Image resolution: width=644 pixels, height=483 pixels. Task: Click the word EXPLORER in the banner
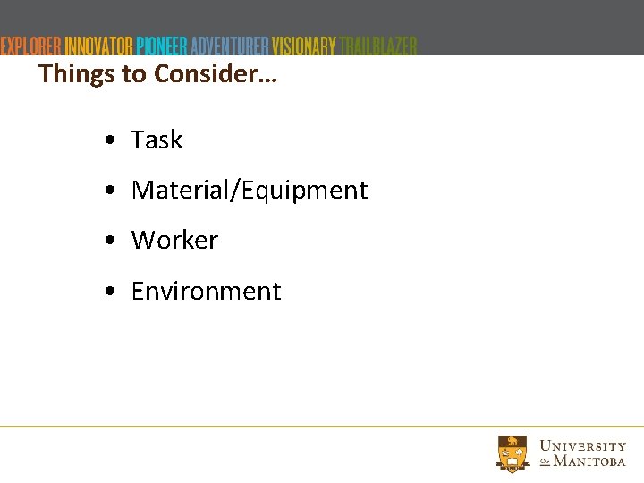[31, 46]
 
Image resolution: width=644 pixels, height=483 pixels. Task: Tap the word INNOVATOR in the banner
[99, 46]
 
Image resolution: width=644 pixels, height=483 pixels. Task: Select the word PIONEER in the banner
[162, 46]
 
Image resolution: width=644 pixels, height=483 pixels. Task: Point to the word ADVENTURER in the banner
[229, 46]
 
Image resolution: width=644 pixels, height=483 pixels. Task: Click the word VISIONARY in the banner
[304, 46]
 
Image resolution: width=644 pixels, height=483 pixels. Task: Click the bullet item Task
[157, 140]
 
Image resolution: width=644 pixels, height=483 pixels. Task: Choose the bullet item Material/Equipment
[250, 191]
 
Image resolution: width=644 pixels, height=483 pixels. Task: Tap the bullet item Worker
[174, 241]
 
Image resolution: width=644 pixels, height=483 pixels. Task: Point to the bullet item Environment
[206, 292]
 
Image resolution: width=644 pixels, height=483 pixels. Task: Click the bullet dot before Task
[107, 141]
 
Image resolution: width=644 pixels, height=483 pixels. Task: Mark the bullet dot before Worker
[107, 241]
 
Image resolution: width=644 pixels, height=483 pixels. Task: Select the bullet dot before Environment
[107, 292]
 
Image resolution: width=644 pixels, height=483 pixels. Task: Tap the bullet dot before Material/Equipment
[107, 191]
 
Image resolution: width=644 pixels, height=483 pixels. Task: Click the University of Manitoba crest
[513, 453]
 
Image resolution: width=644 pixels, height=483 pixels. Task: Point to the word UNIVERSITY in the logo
[583, 445]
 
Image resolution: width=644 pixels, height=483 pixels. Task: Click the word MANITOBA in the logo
[589, 462]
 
